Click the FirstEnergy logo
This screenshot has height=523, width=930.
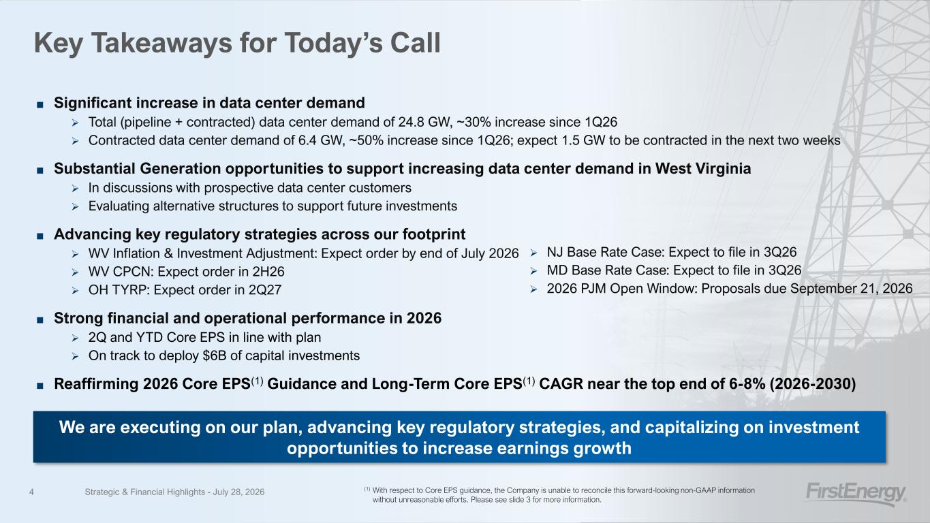click(x=856, y=494)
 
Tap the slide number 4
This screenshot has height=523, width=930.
click(x=31, y=492)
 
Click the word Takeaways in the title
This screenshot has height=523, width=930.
click(x=161, y=43)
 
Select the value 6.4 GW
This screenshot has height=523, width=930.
click(x=321, y=140)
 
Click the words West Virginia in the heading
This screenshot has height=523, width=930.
click(x=703, y=168)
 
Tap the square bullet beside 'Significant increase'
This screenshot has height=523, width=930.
click(x=40, y=104)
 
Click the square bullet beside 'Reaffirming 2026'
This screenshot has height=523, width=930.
click(x=40, y=385)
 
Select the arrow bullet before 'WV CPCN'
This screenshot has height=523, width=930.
click(x=75, y=272)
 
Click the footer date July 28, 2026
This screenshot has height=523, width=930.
click(x=238, y=492)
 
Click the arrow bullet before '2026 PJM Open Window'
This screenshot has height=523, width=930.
click(x=533, y=289)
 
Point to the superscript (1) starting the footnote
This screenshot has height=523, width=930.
click(x=367, y=489)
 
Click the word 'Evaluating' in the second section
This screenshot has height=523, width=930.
click(x=119, y=206)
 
